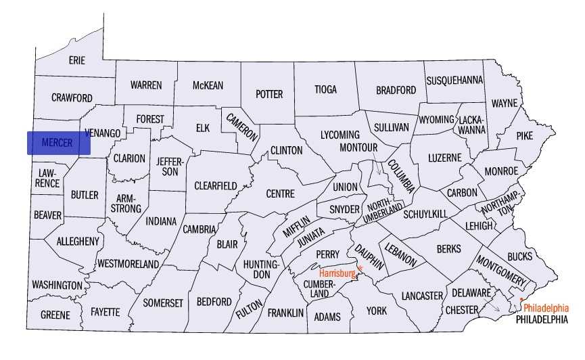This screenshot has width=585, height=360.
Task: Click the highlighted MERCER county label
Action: (x=58, y=143)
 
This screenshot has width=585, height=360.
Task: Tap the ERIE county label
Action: (x=76, y=60)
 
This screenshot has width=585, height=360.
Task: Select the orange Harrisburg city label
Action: (x=337, y=273)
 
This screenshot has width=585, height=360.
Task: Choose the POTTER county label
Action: (x=268, y=94)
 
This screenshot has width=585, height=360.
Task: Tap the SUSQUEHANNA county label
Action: (x=454, y=80)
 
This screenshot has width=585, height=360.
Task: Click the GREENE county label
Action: (x=55, y=315)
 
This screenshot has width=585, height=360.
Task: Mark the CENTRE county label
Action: (x=280, y=194)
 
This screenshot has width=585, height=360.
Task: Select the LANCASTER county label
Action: (x=421, y=296)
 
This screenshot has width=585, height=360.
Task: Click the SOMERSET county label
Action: (x=162, y=303)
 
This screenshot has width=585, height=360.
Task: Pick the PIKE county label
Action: (x=523, y=135)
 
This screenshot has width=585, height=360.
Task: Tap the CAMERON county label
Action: (x=242, y=126)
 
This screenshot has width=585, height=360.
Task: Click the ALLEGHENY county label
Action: (x=78, y=241)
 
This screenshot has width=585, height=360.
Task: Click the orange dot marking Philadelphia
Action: (x=521, y=300)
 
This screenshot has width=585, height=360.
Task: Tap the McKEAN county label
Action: (x=208, y=85)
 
